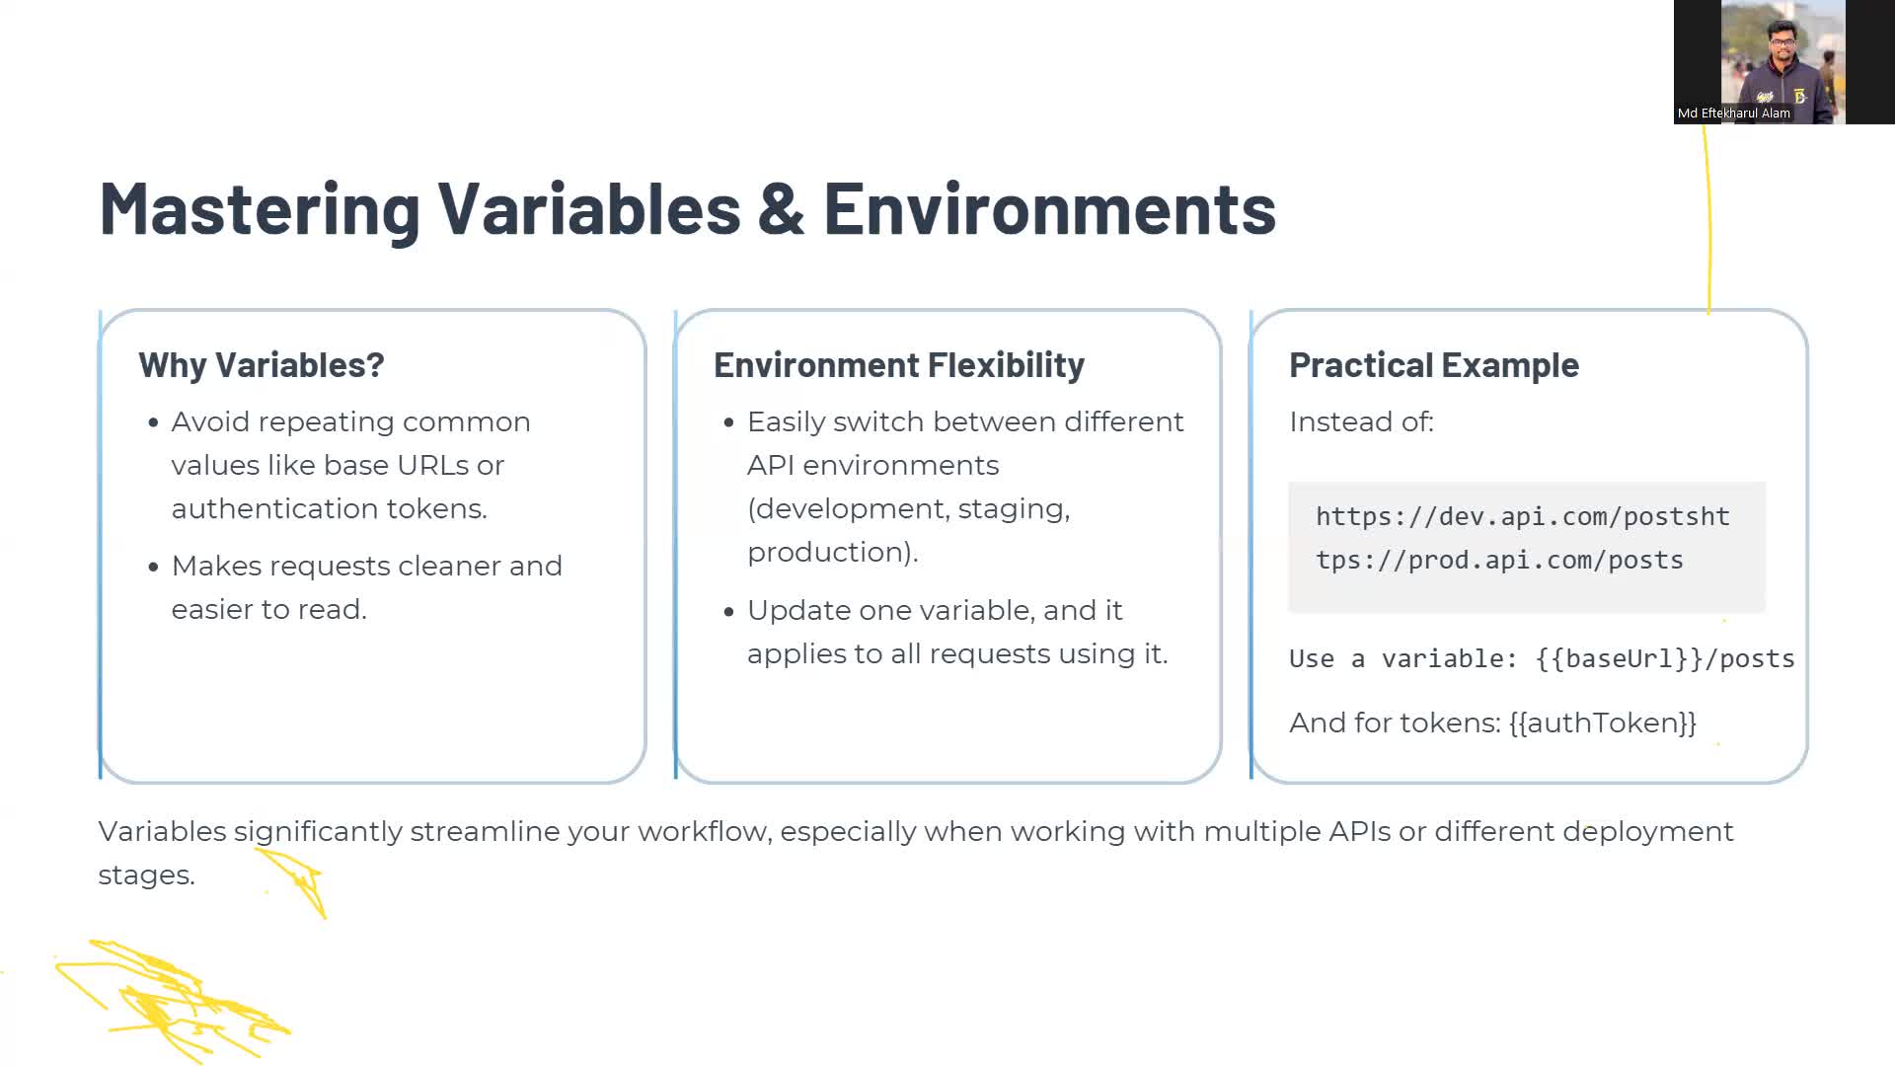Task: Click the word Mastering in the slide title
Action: click(260, 210)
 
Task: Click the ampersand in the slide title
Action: click(782, 209)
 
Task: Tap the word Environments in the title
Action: click(1050, 209)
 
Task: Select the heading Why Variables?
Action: click(262, 365)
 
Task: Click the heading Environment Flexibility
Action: click(899, 365)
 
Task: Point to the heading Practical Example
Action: click(1434, 365)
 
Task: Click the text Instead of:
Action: click(1361, 421)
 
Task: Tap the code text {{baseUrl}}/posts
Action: click(1665, 658)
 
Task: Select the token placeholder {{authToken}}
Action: click(1603, 723)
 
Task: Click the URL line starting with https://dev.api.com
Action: click(1523, 516)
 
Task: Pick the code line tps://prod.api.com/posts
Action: click(1499, 560)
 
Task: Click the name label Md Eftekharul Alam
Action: click(1734, 114)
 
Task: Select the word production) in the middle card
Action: click(832, 552)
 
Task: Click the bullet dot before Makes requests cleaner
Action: click(153, 568)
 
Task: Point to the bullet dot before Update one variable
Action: click(729, 612)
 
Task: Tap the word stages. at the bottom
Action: click(146, 875)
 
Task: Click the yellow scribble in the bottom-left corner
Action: click(173, 999)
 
